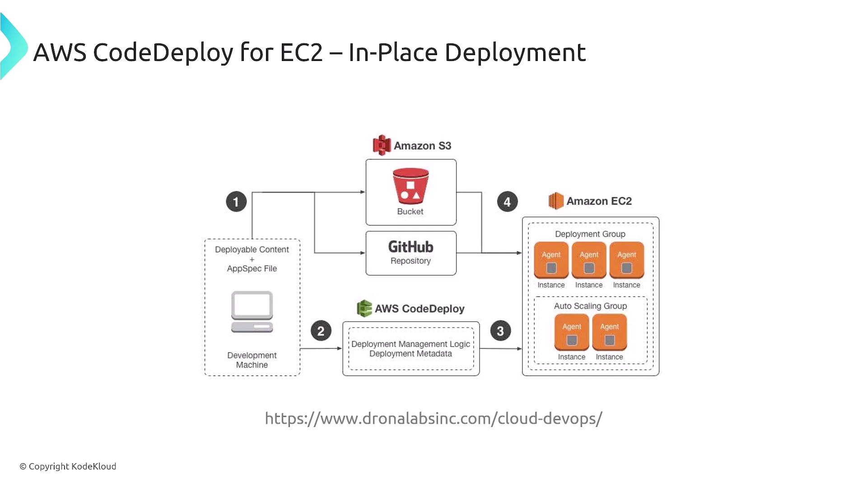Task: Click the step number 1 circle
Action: click(x=236, y=202)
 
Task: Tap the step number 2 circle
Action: click(x=321, y=331)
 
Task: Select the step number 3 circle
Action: click(x=500, y=331)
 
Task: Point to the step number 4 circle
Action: click(x=507, y=202)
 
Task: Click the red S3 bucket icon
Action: click(x=410, y=186)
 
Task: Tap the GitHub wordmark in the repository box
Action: click(x=410, y=247)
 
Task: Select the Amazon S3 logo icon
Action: click(x=382, y=145)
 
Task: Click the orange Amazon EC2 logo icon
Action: click(x=556, y=201)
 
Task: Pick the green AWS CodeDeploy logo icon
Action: click(x=364, y=308)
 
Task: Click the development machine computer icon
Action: click(x=252, y=312)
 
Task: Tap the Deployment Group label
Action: click(x=590, y=234)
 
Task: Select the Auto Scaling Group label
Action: click(x=590, y=306)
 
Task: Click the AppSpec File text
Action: click(x=252, y=268)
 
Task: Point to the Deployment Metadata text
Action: click(x=410, y=354)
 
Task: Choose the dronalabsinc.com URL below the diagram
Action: click(x=433, y=418)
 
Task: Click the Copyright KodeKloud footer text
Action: click(x=68, y=466)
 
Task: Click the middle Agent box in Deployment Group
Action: click(x=589, y=260)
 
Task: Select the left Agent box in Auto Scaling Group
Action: click(x=572, y=333)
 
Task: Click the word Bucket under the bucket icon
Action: click(x=410, y=211)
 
